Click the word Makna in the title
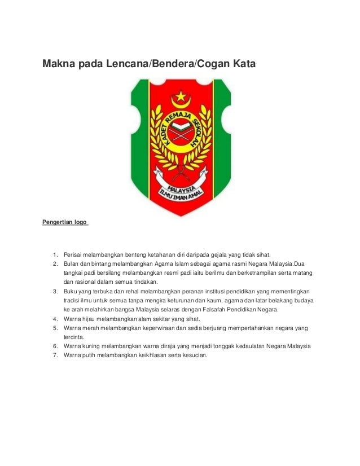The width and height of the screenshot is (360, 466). [58, 65]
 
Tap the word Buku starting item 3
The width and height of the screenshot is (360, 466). [71, 292]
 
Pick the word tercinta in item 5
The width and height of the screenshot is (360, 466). [73, 337]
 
